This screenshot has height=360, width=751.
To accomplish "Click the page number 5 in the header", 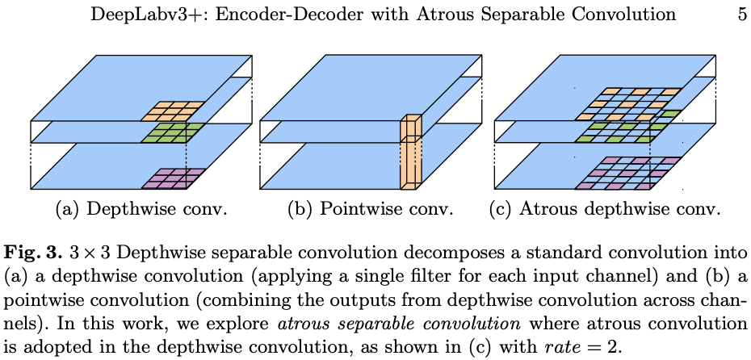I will pos(741,14).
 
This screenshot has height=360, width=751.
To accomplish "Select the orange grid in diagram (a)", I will pos(173,110).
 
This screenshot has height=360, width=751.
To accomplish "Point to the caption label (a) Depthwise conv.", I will pos(141,210).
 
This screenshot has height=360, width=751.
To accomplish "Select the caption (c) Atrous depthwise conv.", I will pos(605,210).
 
